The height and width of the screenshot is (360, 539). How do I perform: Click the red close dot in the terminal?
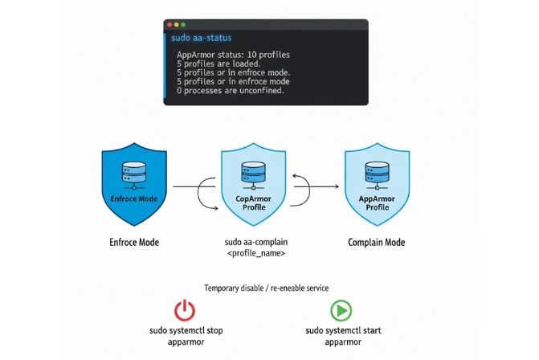pos(169,25)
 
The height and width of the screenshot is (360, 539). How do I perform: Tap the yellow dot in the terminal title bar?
pos(176,25)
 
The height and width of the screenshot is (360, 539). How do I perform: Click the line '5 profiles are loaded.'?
pos(218,63)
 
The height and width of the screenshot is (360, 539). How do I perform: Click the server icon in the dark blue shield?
pos(133,173)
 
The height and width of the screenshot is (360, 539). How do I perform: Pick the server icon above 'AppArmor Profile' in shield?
pos(374,174)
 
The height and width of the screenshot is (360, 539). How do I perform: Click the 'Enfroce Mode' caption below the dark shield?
pos(133,242)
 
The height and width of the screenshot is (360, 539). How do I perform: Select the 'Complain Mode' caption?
pos(376,242)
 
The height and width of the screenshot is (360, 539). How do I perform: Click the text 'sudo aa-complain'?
pos(253,241)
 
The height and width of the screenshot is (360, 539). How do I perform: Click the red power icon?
pos(185,310)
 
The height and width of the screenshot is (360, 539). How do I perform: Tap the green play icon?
pos(340,310)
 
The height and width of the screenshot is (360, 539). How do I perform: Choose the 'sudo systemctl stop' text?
pos(185,331)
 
